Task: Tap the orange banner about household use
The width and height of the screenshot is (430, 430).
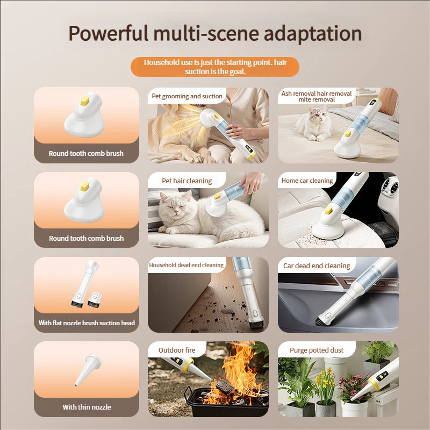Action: click(x=215, y=67)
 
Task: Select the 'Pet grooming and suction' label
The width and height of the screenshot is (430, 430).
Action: click(x=187, y=96)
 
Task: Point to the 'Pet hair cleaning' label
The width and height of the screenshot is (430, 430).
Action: click(x=187, y=181)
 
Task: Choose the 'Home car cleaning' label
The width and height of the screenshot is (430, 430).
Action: click(x=307, y=181)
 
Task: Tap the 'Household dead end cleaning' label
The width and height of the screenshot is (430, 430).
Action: click(x=186, y=265)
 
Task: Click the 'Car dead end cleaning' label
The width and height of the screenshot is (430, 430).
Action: click(x=316, y=266)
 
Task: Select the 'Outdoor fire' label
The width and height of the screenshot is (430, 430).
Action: click(x=177, y=350)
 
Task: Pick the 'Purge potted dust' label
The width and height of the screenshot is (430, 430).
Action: click(x=316, y=350)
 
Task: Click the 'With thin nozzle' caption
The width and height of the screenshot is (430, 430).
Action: click(x=87, y=407)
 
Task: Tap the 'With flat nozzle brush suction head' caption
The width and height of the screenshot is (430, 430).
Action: click(x=87, y=323)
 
